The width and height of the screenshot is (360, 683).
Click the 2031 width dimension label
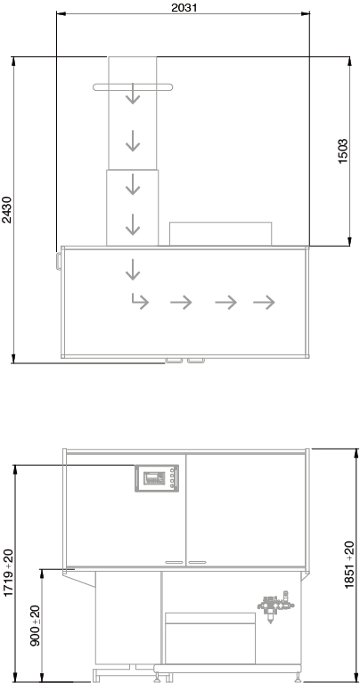point(184,7)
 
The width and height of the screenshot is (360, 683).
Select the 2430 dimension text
point(7,210)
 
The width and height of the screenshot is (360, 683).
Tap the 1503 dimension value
point(343,151)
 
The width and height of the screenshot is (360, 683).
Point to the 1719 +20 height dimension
point(8,573)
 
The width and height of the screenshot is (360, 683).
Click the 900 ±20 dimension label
point(36,625)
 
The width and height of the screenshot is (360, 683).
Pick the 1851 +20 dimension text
point(349,565)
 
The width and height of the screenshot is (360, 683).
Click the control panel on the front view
point(157,478)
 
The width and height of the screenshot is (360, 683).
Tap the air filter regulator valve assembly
point(275,606)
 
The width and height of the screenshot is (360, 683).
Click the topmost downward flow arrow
point(133,94)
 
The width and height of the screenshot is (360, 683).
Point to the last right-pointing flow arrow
point(264,302)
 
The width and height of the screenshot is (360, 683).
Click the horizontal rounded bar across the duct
point(133,87)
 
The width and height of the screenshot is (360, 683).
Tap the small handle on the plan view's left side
point(59,261)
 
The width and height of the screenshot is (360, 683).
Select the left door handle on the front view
point(174,563)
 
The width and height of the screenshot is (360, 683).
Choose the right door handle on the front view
point(197,563)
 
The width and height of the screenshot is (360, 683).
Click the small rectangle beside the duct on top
point(220,234)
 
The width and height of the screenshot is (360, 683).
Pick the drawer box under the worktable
point(210,638)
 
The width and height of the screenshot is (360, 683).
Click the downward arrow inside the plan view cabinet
point(133,270)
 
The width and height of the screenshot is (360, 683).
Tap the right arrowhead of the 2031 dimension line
point(306,14)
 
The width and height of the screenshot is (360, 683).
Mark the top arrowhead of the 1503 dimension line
point(349,61)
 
